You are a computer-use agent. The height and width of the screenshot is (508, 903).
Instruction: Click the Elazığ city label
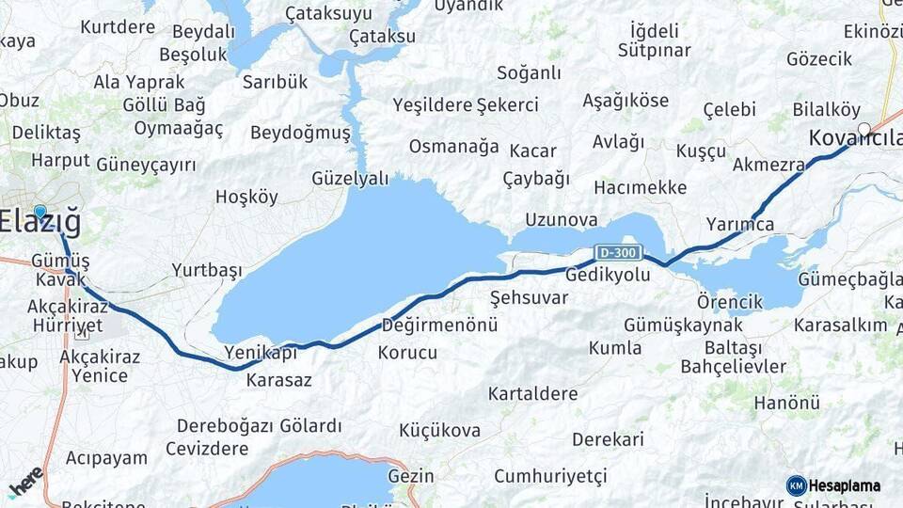(x=40, y=223)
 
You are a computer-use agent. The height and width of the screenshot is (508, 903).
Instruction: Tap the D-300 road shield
(x=619, y=252)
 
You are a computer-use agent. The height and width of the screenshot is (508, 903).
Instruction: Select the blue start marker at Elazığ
(x=40, y=213)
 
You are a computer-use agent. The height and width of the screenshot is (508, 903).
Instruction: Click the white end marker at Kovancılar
(x=863, y=129)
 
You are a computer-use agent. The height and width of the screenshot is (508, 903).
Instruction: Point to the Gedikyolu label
(x=608, y=273)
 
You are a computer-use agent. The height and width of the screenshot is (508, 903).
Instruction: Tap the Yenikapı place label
(x=261, y=352)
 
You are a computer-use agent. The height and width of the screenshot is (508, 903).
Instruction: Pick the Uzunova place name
(x=562, y=219)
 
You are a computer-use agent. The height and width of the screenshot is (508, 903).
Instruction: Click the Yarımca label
(x=739, y=224)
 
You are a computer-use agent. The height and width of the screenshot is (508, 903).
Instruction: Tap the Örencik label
(x=730, y=302)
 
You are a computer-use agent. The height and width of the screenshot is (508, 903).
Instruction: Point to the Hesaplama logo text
(x=845, y=485)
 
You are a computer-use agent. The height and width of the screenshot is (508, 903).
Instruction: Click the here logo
(x=26, y=482)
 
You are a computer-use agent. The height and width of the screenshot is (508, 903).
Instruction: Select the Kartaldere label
(x=532, y=393)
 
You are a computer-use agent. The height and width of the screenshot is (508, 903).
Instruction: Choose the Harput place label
(x=60, y=160)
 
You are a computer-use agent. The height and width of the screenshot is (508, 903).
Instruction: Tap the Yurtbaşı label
(x=207, y=270)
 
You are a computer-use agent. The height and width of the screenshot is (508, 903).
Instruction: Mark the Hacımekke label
(x=640, y=187)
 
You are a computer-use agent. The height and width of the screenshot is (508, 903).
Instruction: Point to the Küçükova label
(x=439, y=431)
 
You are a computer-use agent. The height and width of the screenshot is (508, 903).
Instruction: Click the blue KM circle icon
(x=796, y=485)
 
